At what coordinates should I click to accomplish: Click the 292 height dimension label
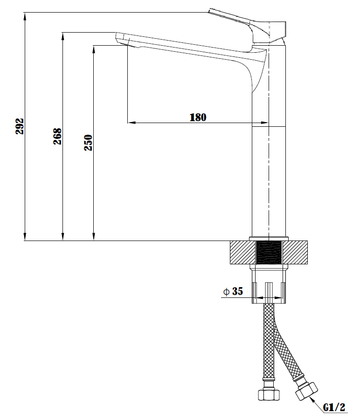(x=20, y=126)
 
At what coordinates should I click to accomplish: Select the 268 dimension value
(x=57, y=136)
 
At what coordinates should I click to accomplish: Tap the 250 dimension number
(x=89, y=143)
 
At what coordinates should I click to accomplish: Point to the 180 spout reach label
(x=198, y=117)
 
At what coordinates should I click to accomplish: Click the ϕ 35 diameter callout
(x=233, y=291)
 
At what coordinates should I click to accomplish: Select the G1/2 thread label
(x=334, y=407)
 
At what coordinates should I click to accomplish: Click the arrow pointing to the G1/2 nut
(x=315, y=403)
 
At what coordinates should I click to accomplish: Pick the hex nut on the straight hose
(x=269, y=395)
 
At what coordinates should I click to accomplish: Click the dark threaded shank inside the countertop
(x=269, y=253)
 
